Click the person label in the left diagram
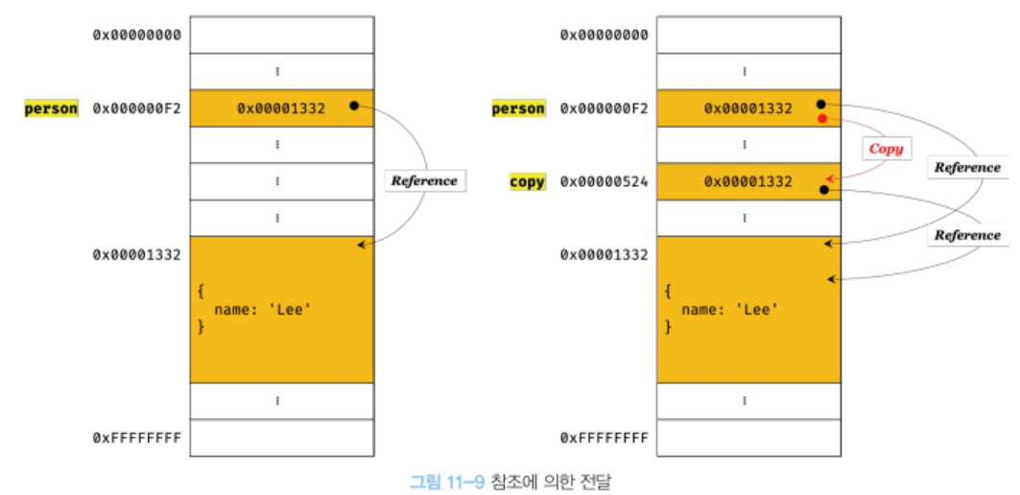(51, 108)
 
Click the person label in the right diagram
(518, 108)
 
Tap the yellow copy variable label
(527, 181)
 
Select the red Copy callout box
(886, 149)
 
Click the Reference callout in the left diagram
(424, 180)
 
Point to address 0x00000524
(604, 181)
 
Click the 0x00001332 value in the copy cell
(748, 181)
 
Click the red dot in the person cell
(821, 119)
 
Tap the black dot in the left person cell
(354, 106)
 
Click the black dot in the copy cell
(823, 191)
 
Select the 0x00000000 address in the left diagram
(136, 35)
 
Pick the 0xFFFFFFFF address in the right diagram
(604, 437)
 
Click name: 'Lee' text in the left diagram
(263, 309)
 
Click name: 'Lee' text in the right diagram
(730, 309)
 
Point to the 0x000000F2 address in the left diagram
(136, 108)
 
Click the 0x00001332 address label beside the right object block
(604, 254)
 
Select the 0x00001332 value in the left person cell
(281, 108)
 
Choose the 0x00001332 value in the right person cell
(748, 108)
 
